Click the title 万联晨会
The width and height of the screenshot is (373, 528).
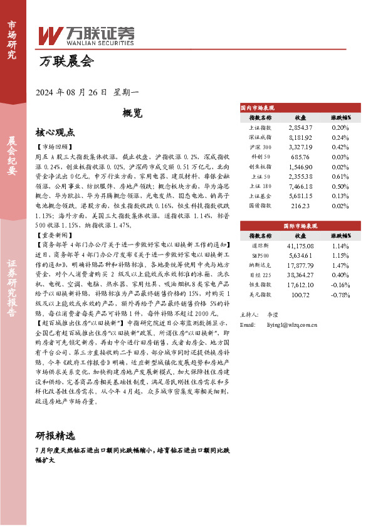coord(65,61)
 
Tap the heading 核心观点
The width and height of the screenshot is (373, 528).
coord(55,132)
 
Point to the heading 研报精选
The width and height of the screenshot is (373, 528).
coord(55,436)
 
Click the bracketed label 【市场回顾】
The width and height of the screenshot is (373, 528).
coord(55,146)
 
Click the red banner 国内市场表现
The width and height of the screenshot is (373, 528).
coord(263,107)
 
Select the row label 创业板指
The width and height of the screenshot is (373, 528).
coord(260,167)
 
